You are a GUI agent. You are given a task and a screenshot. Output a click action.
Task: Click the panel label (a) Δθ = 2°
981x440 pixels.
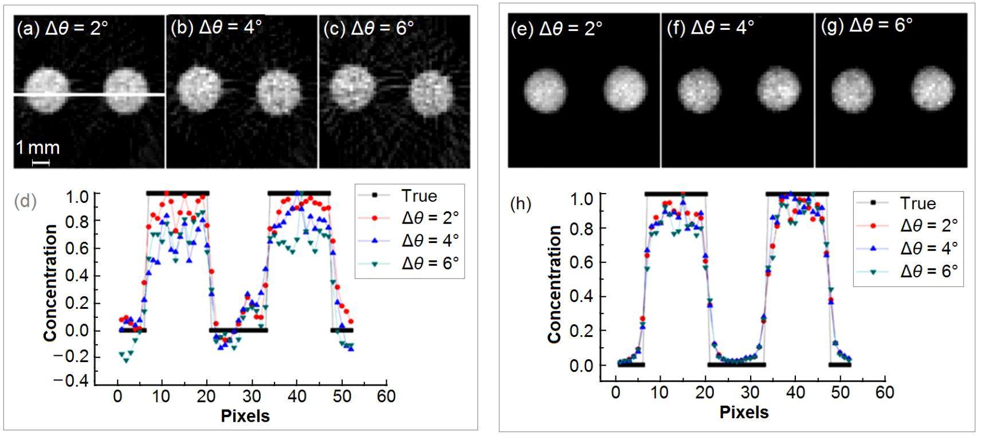[62, 28]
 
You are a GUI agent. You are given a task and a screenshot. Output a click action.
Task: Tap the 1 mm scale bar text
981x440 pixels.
[38, 148]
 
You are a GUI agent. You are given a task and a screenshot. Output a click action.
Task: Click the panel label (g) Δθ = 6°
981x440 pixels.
[866, 25]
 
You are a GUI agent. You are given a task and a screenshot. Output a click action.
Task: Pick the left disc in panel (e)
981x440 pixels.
[546, 90]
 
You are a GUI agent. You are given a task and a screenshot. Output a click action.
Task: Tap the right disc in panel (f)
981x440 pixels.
[778, 89]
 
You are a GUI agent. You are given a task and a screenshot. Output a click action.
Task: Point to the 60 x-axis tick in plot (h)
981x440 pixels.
[885, 392]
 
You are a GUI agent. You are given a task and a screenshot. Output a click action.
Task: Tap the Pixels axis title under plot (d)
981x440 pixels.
[245, 415]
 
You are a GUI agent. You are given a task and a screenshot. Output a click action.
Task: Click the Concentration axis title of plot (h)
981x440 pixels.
[554, 284]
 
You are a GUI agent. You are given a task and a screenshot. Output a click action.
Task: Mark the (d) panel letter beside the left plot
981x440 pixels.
[26, 201]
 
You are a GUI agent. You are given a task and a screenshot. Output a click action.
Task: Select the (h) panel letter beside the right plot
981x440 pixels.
[520, 204]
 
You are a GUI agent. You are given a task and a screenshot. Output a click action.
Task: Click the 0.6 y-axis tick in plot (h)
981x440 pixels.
[581, 262]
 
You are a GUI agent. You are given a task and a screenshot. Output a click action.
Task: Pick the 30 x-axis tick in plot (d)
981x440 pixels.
[252, 396]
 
